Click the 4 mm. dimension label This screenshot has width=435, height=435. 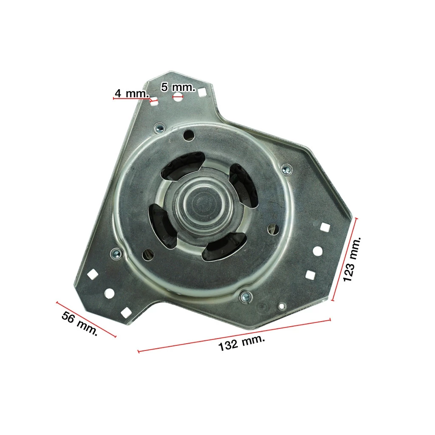pyautogui.click(x=132, y=93)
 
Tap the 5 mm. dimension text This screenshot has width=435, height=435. pyautogui.click(x=178, y=87)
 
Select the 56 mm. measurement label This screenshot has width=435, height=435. pyautogui.click(x=79, y=323)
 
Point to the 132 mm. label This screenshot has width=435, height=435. pyautogui.click(x=241, y=343)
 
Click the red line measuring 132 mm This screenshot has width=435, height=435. pyautogui.click(x=234, y=336)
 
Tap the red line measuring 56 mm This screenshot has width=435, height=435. pyautogui.click(x=86, y=319)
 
